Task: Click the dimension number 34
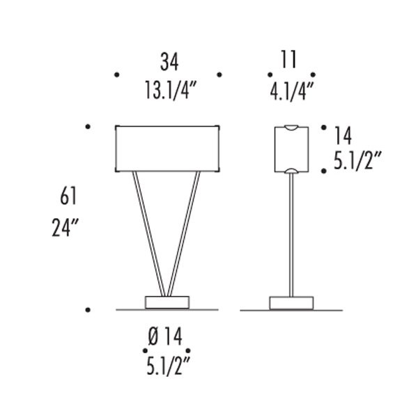tap(169, 62)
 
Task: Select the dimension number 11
tap(288, 59)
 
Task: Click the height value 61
tap(68, 196)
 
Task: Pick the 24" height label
tap(65, 227)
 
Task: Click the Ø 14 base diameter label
tap(165, 336)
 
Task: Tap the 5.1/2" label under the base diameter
tap(168, 366)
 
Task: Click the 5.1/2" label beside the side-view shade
tap(358, 160)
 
